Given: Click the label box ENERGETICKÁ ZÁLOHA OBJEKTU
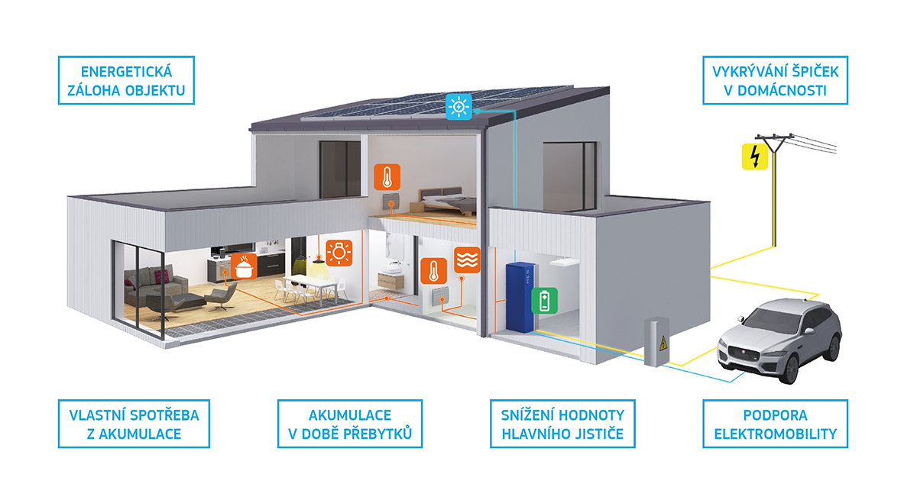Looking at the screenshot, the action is coord(126,81).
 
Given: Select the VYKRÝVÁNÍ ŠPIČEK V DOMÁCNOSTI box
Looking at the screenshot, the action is coord(775,81).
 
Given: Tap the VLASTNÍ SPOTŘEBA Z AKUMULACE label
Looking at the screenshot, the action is coord(134,424).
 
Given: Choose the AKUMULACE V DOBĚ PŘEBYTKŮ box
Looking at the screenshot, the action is coord(350,424).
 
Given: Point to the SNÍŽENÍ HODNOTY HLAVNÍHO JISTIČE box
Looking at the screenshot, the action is coord(562,424).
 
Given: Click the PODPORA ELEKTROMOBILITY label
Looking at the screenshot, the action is coord(775,424).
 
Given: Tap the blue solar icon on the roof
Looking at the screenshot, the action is coord(459,107).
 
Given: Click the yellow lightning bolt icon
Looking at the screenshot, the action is coord(755,156).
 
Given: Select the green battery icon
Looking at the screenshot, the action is coord(544,301).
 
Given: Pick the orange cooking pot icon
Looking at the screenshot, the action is coord(244,266).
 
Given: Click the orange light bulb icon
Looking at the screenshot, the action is coord(339,253).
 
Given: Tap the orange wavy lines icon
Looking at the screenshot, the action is coord(467,260).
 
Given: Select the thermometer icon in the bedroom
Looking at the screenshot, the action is coord(387,176).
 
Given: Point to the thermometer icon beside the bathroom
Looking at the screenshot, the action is coord(434,271).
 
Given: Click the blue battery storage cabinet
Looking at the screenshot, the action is coord(520,297).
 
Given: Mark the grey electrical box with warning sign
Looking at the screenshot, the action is coord(656,342).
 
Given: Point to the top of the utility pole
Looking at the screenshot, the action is coord(773,137).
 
